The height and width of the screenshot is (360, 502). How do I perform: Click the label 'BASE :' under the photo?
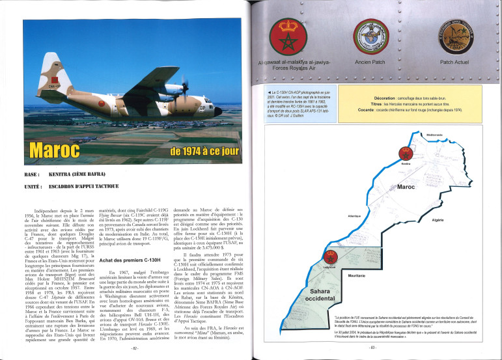[x=32, y=175]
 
